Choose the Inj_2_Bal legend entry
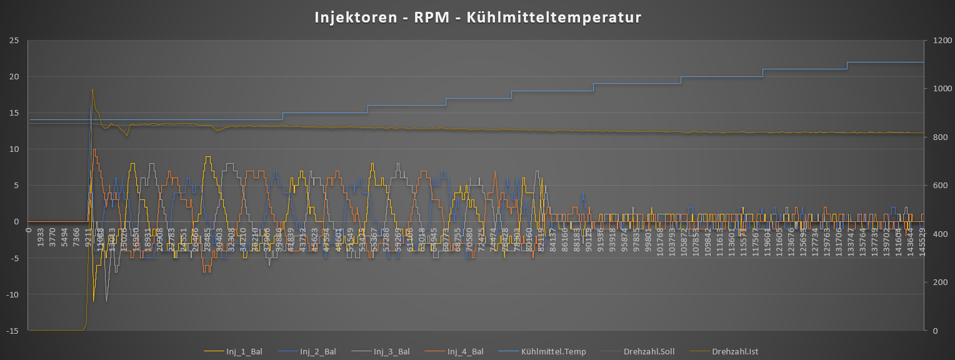click(317, 352)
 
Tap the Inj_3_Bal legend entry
click(391, 352)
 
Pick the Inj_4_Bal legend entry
click(465, 352)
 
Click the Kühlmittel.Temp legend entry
click(554, 352)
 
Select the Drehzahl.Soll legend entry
click(649, 352)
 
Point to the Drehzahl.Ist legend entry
click(735, 352)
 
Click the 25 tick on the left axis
click(14, 41)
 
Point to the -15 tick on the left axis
click(12, 331)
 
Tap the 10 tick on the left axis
click(14, 149)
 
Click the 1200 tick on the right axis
click(937, 41)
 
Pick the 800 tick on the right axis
click(935, 137)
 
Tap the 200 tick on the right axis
click(935, 282)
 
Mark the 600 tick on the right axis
click(935, 186)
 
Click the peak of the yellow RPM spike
click(92, 89)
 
